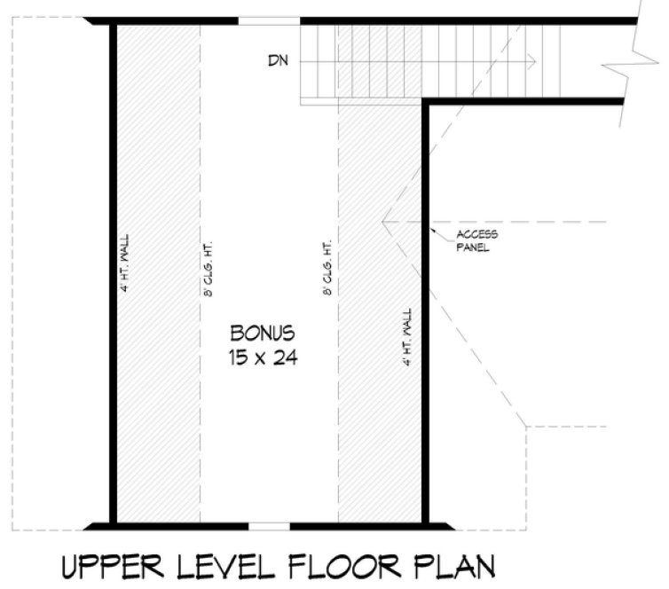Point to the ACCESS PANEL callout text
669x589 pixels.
pyautogui.click(x=477, y=240)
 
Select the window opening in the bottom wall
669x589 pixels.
pyautogui.click(x=269, y=525)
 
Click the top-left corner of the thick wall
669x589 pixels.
pyautogui.click(x=113, y=22)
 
